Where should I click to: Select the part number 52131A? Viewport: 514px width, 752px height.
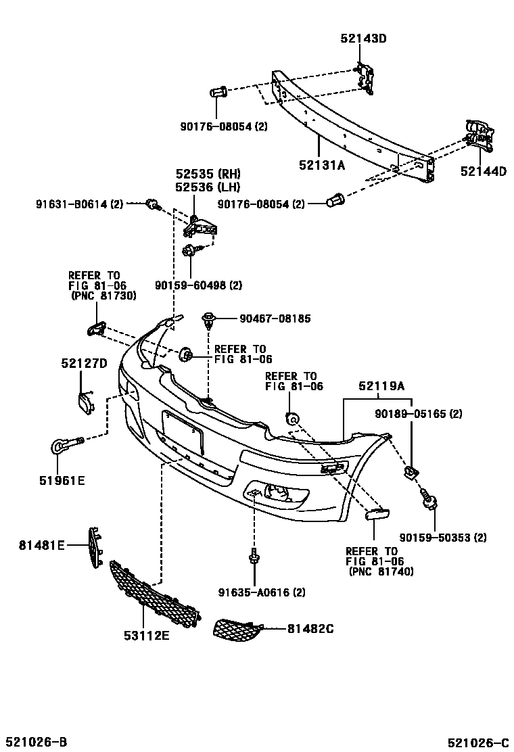click(x=323, y=164)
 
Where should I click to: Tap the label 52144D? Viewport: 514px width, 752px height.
click(x=483, y=172)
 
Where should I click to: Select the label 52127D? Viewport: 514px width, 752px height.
click(x=84, y=364)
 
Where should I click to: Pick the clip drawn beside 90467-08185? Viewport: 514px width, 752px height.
click(x=209, y=319)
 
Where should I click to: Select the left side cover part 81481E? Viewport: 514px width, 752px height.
click(x=94, y=546)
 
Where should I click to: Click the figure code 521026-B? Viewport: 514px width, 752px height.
click(x=37, y=742)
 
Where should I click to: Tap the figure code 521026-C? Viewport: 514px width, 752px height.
click(x=476, y=742)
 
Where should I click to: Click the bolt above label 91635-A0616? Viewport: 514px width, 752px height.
click(x=254, y=556)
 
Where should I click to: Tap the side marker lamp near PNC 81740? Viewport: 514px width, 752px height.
click(x=375, y=515)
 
